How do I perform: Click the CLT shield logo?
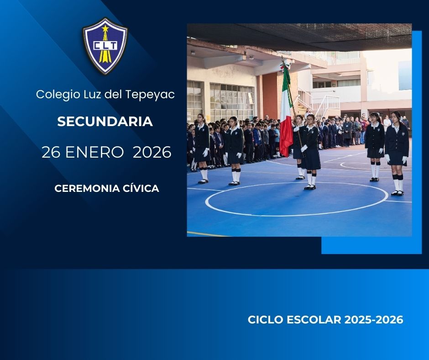click(105, 46)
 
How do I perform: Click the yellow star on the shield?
click(105, 28)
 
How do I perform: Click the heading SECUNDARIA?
click(105, 122)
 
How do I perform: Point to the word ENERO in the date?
click(94, 152)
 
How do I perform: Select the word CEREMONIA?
click(87, 189)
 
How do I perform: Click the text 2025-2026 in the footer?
click(374, 320)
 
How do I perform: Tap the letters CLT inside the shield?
click(105, 45)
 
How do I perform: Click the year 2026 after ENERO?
click(152, 152)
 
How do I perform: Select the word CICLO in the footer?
click(266, 320)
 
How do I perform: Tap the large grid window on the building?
click(232, 101)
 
